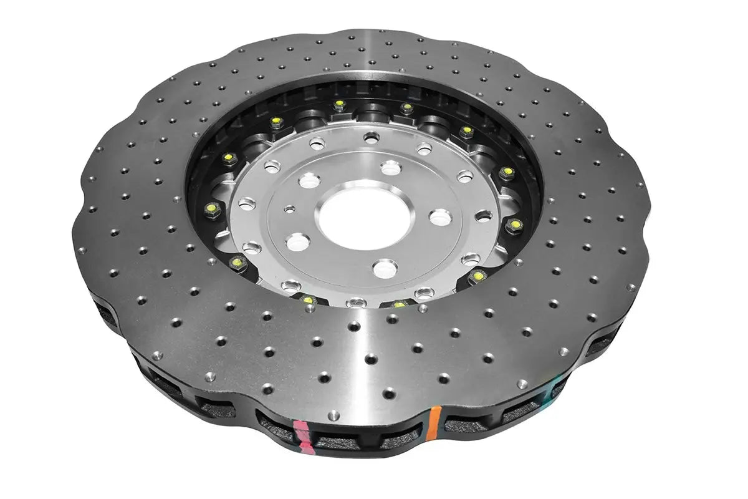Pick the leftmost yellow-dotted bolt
pyautogui.click(x=210, y=206)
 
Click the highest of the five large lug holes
pyautogui.click(x=391, y=167)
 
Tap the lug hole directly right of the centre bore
pyautogui.click(x=441, y=216)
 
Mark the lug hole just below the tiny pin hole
pyautogui.click(x=297, y=241)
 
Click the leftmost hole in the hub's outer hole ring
pyautogui.click(x=247, y=203)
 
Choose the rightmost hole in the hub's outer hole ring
pyautogui.click(x=483, y=216)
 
